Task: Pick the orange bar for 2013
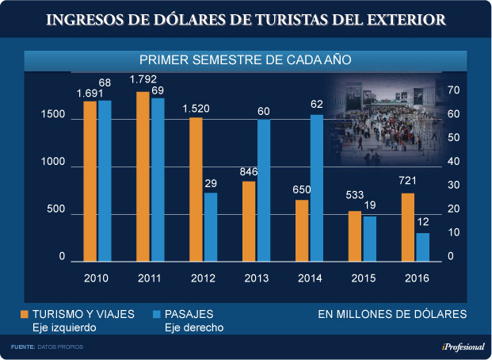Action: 249,221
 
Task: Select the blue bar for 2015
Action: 370,239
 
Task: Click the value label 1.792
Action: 143,79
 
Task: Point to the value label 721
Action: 407,182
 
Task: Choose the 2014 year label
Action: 309,278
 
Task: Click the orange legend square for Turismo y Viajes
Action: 24,314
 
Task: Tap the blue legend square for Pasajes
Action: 156,314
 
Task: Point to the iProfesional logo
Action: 463,347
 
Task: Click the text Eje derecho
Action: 194,327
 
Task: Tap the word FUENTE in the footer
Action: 22,347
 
